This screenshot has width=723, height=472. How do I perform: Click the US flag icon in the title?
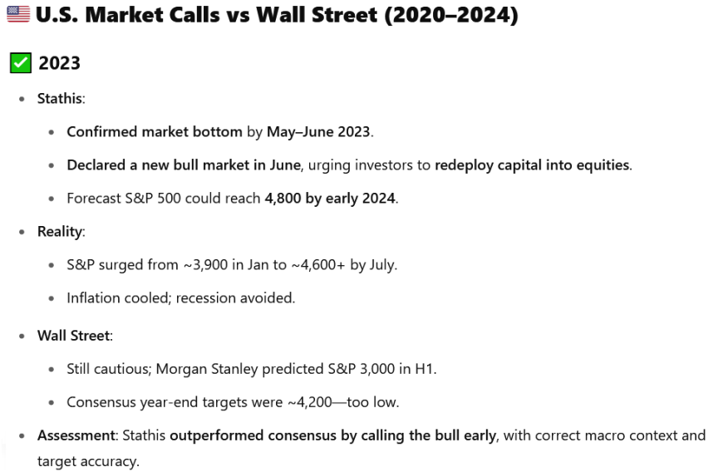click(x=18, y=14)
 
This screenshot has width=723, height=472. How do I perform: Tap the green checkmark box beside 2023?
click(x=21, y=62)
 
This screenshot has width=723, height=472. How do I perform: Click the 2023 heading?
click(x=60, y=63)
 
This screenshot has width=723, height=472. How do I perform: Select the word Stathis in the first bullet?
click(x=60, y=99)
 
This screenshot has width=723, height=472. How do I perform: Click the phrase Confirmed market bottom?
click(x=155, y=132)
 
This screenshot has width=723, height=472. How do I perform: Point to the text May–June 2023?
click(x=318, y=132)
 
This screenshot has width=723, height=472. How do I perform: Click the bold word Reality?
click(x=60, y=231)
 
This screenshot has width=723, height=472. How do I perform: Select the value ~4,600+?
click(x=318, y=265)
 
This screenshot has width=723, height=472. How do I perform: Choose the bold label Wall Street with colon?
click(x=75, y=336)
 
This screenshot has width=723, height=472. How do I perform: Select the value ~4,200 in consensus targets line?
click(x=309, y=402)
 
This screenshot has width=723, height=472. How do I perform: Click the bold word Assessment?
click(x=76, y=435)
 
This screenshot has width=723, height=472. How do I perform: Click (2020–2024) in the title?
click(x=451, y=15)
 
